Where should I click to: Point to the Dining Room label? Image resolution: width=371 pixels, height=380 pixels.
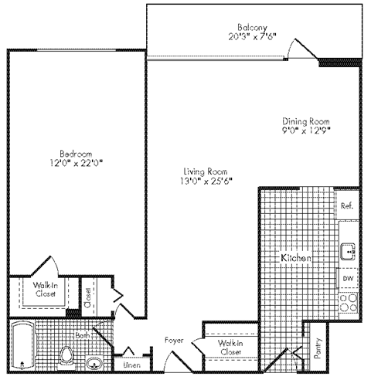pos(306,121)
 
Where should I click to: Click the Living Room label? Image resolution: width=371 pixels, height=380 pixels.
pos(204,171)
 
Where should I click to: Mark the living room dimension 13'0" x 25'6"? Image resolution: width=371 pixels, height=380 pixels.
pos(204,181)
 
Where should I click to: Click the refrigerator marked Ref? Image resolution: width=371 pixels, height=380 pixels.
pos(348,206)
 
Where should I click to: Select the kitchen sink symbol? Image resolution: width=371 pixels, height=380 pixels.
pos(348,250)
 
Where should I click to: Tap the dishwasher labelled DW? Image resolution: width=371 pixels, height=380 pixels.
pos(348,278)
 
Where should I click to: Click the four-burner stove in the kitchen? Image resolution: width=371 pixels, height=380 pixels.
pos(348,300)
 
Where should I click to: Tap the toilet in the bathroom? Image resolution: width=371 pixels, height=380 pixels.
pos(68,357)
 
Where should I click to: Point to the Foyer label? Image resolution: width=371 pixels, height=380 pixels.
pos(173,339)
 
